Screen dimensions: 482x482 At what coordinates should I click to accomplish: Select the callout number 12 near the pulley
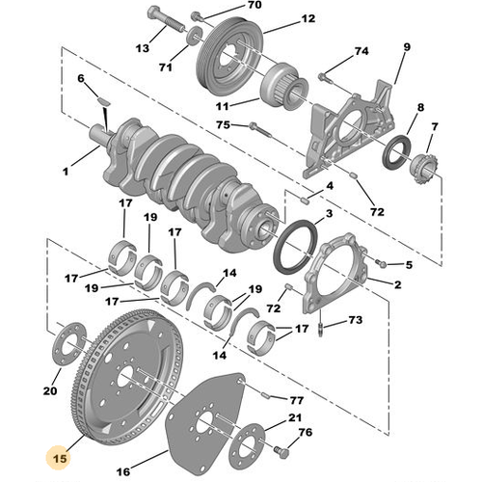point(281,18)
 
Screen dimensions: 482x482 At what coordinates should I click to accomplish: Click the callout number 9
point(407,47)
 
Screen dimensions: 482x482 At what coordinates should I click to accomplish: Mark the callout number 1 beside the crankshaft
point(67,173)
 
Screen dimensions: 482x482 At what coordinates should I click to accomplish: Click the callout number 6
point(81,78)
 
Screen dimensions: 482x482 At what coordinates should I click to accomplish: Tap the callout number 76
point(306,433)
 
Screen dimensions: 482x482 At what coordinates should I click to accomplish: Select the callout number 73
point(356,319)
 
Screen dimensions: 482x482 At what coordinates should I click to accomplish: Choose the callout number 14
point(228,274)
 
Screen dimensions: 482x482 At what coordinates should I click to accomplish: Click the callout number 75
point(223,124)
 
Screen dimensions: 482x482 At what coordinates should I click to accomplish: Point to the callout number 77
point(297,398)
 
